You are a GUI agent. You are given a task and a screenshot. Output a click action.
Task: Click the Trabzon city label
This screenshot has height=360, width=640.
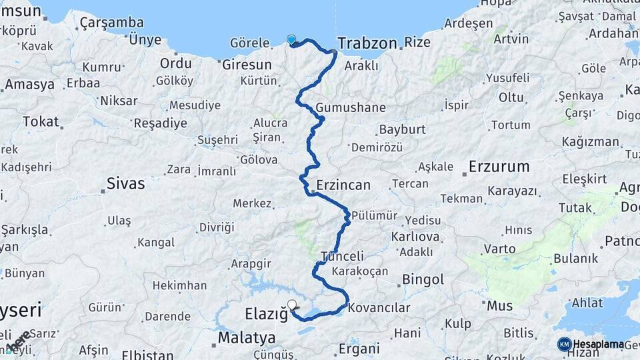point(366,43)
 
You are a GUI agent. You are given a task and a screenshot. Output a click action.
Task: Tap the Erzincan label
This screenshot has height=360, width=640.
point(343,185)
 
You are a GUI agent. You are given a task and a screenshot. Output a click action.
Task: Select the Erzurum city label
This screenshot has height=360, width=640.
point(499,166)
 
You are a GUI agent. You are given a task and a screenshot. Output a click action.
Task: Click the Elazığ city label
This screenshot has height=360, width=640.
point(265,313)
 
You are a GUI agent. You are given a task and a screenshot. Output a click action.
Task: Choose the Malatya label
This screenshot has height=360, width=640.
point(247,337)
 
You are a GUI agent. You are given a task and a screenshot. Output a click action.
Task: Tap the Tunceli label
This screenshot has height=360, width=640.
point(343,256)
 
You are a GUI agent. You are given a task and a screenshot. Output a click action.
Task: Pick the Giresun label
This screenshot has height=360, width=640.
point(247,65)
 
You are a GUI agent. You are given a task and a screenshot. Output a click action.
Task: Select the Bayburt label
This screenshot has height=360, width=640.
point(401,129)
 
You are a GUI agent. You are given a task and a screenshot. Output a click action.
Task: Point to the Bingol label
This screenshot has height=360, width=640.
point(423,280)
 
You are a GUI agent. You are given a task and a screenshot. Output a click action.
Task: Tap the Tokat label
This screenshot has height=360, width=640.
point(41,122)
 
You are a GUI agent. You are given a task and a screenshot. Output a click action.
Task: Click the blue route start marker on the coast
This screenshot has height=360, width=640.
point(291,39)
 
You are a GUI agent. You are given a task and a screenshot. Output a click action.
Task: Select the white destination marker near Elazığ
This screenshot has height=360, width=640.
point(292,305)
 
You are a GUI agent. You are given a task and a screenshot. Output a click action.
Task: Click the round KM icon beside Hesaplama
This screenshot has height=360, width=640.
point(564,344)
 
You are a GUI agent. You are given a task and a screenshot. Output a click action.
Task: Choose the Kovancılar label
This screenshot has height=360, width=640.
point(379,308)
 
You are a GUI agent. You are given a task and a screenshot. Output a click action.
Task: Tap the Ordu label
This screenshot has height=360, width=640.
point(175,63)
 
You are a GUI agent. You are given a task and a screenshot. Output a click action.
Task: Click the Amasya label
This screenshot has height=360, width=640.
point(29,85)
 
